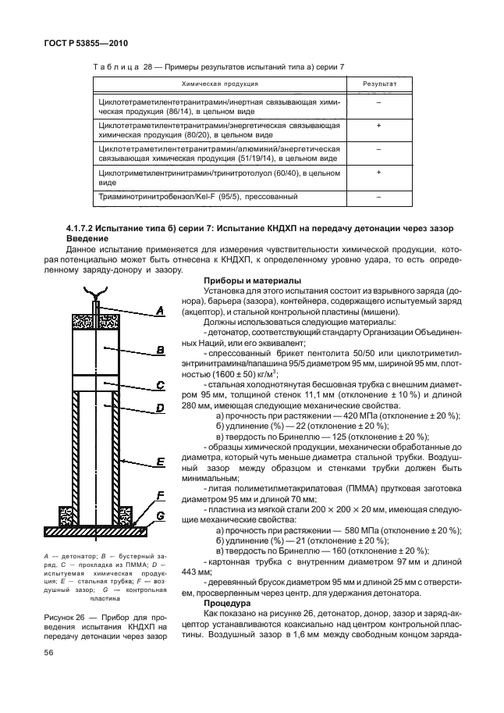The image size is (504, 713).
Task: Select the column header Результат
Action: click(378, 84)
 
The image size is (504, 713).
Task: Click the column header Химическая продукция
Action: click(220, 84)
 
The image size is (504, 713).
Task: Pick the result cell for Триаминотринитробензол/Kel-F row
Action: click(378, 198)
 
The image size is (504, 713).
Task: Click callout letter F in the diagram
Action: click(161, 495)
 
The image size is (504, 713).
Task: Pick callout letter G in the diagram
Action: click(161, 515)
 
